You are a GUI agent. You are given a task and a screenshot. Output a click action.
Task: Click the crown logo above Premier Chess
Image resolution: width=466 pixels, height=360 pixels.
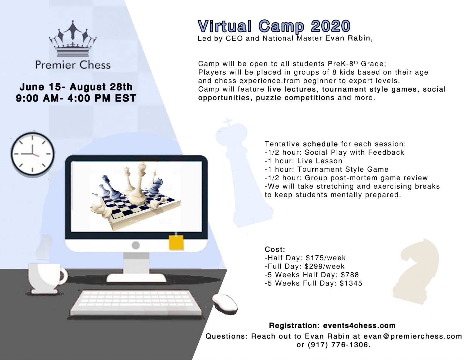[x=73, y=39]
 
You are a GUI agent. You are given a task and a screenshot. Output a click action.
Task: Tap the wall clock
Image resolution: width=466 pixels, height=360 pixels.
[x=32, y=154]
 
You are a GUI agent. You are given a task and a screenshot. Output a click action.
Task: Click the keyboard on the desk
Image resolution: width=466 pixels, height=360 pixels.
[x=136, y=303]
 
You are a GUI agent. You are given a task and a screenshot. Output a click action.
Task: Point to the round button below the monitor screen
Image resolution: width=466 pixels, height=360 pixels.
[x=136, y=245]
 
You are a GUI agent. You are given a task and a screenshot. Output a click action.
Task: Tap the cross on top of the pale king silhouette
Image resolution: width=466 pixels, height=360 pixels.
[x=228, y=123]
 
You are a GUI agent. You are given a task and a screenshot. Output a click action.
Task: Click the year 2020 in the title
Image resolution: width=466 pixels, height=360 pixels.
[x=331, y=26]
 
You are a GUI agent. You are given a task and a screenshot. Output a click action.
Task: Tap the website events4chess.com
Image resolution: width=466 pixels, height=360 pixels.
[x=359, y=326]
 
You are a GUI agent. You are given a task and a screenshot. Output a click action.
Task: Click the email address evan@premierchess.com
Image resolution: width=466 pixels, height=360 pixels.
[x=413, y=336]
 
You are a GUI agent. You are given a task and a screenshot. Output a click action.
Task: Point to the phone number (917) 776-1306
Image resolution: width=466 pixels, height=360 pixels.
[x=339, y=345]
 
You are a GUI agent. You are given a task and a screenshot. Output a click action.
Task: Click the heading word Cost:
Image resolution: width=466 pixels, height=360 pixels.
[x=275, y=249]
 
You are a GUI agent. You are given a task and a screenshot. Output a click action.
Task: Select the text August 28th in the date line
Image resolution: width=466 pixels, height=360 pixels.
[x=101, y=87]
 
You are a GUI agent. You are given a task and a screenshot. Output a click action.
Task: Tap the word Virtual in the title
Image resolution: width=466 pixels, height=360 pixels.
[x=225, y=26]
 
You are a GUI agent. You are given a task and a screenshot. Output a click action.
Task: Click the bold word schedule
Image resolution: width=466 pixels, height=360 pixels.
[x=320, y=144]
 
